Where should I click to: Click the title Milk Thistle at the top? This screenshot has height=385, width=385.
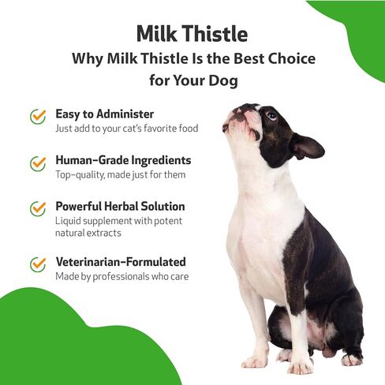click(192, 34)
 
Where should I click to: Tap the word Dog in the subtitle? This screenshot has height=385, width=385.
click(223, 80)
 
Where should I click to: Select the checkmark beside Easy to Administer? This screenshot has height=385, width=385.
click(38, 116)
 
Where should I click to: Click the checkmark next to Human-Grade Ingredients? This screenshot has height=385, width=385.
click(38, 163)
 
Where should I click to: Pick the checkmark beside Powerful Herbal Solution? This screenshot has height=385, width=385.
click(38, 208)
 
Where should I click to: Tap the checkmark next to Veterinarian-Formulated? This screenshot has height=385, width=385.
click(38, 264)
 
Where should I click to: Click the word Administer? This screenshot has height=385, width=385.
click(125, 114)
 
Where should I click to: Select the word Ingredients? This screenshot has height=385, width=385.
click(161, 161)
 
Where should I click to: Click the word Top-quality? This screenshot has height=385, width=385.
click(80, 175)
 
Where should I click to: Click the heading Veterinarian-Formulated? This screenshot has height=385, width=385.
click(121, 262)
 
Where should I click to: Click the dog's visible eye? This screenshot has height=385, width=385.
click(271, 115)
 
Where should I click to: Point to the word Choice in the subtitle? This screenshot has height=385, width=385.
click(292, 58)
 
